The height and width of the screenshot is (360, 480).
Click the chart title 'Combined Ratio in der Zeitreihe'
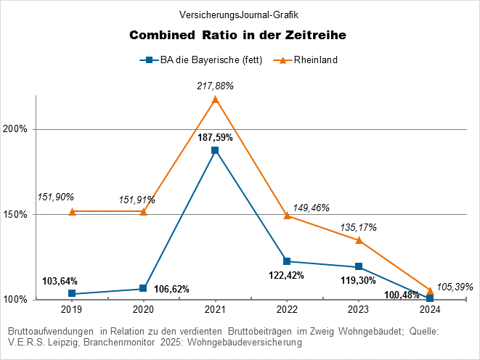coord(237,36)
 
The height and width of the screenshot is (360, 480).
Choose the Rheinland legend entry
coord(312,60)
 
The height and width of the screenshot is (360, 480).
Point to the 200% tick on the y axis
coord(15,129)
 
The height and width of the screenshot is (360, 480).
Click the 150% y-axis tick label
coord(15,214)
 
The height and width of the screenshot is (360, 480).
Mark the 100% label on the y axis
coord(15,299)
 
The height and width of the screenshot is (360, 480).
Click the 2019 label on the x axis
coord(72,308)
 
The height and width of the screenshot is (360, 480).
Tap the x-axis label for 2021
coord(215,308)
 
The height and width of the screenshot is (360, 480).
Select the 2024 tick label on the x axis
coord(430,308)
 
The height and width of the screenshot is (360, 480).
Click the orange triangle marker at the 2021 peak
coord(215,99)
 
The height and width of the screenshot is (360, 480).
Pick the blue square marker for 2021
coord(215,150)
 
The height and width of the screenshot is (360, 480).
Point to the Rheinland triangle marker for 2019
coord(72,211)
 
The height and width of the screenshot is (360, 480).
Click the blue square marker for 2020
coord(143,288)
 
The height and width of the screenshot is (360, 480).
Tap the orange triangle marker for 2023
coord(358,240)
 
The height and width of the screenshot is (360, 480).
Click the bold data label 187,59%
coord(215,137)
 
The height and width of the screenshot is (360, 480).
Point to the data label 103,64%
coord(60,281)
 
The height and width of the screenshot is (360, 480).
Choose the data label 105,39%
coord(455,287)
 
